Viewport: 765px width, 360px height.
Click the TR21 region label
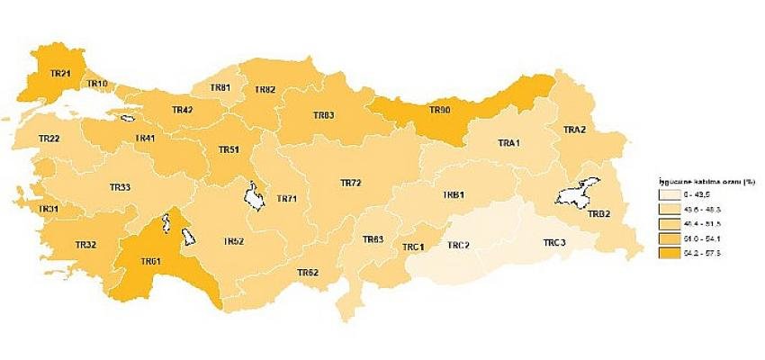point(61,73)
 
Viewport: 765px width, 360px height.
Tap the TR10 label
point(98,84)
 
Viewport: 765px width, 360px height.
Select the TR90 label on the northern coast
point(439,110)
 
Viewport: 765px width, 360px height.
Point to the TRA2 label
point(574,130)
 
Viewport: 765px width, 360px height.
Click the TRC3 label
point(554,244)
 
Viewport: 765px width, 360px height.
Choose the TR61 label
point(151,262)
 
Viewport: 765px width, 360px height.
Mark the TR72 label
point(350,183)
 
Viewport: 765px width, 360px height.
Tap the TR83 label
point(323,116)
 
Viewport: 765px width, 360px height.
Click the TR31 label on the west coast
point(49,210)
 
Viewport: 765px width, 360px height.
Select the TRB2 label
point(599,213)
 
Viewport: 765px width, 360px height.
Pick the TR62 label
point(308,273)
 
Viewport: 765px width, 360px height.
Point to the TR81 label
point(220,87)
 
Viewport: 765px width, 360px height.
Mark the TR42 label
point(182,110)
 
